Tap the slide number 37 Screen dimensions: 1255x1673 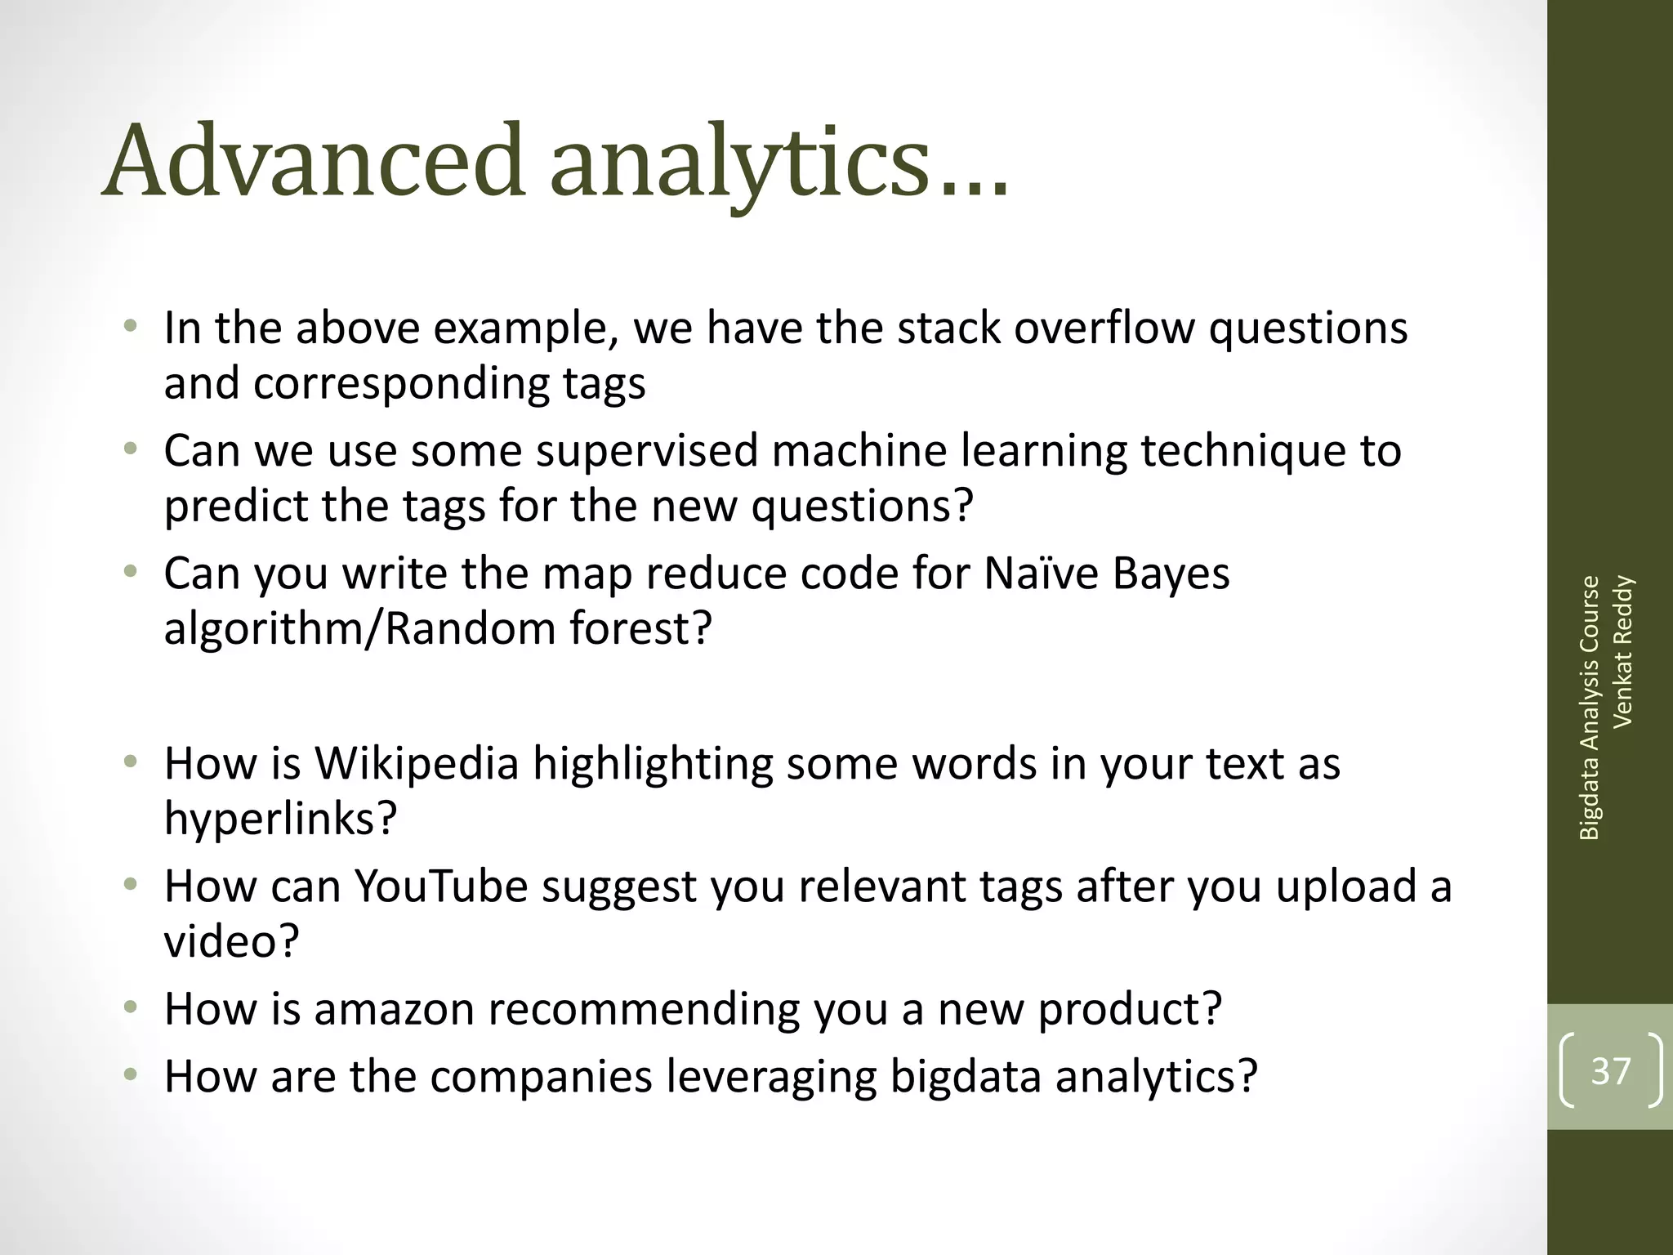pyautogui.click(x=1611, y=1070)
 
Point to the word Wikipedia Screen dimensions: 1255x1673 pyautogui.click(x=417, y=763)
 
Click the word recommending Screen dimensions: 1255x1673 pyautogui.click(x=644, y=1010)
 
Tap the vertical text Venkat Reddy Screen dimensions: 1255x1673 pyautogui.click(x=1622, y=651)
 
